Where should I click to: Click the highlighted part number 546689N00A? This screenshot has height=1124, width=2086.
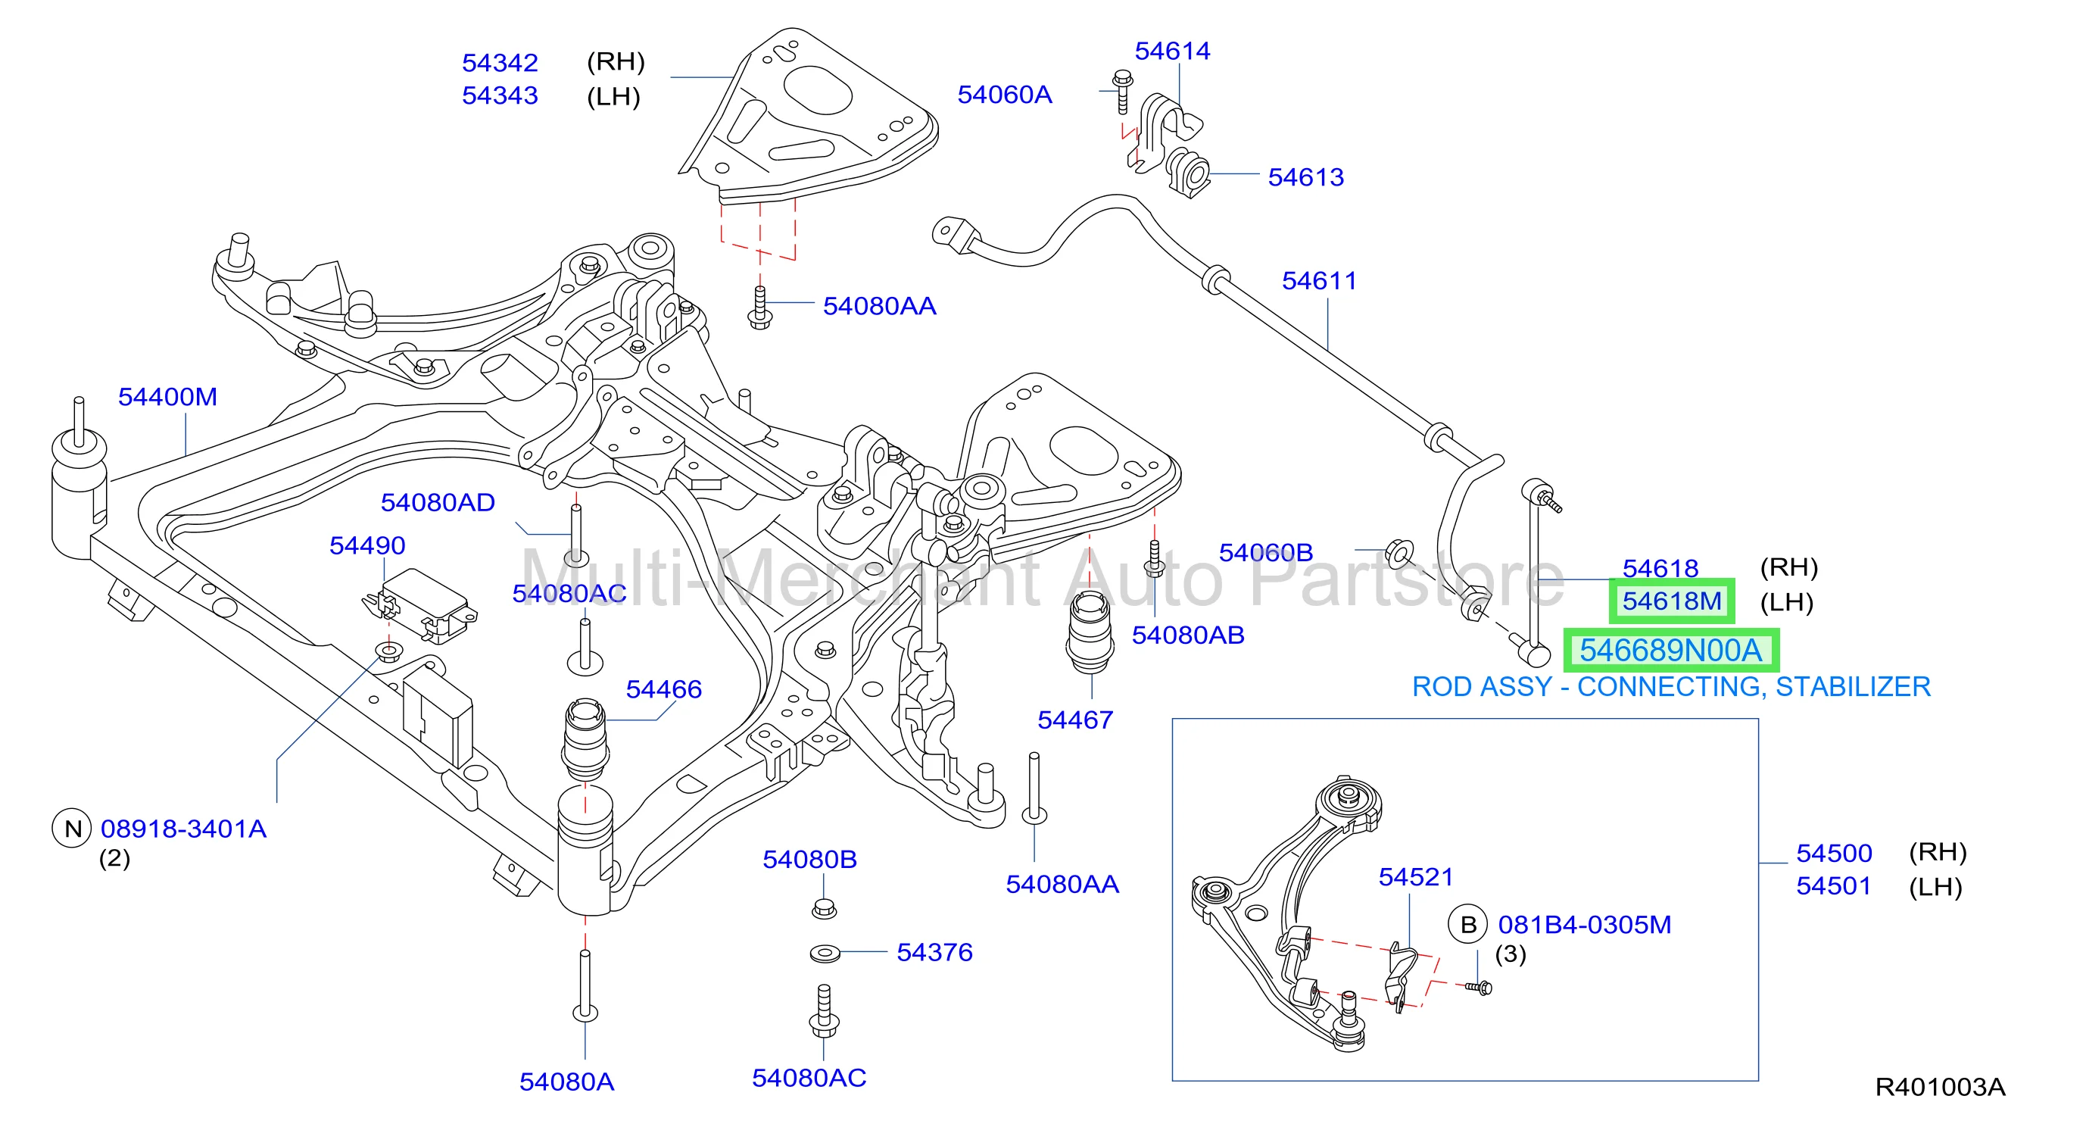tap(1670, 651)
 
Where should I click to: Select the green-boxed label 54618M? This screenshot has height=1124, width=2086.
tap(1671, 601)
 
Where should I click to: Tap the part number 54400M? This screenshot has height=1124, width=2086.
tap(167, 397)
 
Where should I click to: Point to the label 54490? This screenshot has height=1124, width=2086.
tap(366, 546)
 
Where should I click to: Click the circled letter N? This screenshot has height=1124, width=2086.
tap(72, 829)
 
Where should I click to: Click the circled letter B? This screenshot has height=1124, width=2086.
tap(1468, 924)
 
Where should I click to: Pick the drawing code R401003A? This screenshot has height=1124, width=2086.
tap(1940, 1087)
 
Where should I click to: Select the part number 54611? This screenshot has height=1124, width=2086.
tap(1318, 281)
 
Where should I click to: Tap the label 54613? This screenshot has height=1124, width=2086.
tap(1305, 177)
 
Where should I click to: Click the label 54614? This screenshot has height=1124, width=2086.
tap(1172, 51)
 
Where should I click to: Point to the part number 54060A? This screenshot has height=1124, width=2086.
tap(1005, 95)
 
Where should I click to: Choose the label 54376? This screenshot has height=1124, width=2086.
tap(934, 952)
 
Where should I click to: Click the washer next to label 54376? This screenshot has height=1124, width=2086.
tap(825, 953)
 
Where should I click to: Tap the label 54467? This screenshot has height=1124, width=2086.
tap(1075, 720)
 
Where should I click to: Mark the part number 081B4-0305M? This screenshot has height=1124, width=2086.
tap(1585, 925)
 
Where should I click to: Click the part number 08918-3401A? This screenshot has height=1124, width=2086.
tap(184, 829)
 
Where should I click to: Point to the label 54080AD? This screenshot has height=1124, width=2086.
tap(438, 503)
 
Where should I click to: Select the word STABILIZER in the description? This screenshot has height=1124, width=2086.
tap(1853, 687)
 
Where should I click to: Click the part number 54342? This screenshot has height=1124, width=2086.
tap(500, 63)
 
